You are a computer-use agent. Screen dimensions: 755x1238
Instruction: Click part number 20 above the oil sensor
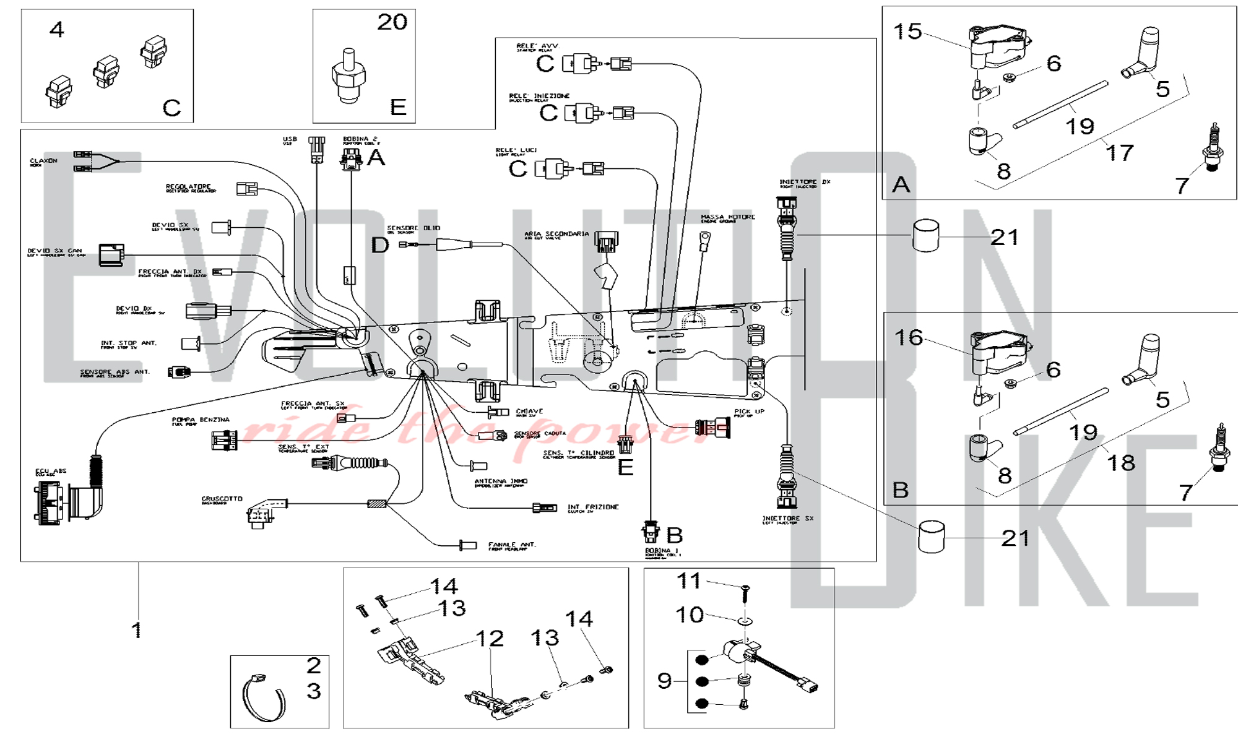[x=392, y=22]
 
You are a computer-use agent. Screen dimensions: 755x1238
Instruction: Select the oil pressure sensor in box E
[x=348, y=77]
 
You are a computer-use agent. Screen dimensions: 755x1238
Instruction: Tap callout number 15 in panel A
[x=907, y=32]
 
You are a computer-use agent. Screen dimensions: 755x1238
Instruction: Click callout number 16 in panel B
[x=909, y=338]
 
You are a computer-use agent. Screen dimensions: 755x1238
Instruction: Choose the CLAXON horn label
[x=43, y=162]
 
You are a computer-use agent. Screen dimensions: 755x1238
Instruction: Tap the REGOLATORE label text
[x=189, y=187]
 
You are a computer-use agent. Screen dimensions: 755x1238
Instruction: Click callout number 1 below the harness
[x=137, y=630]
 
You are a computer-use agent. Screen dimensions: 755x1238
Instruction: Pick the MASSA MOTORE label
[x=728, y=218]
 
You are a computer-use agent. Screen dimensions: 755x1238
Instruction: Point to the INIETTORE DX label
[x=805, y=183]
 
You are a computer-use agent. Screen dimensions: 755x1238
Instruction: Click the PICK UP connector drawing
[x=713, y=427]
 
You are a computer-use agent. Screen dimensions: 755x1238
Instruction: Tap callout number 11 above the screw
[x=689, y=581]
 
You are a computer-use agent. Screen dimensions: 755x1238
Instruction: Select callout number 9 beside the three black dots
[x=664, y=681]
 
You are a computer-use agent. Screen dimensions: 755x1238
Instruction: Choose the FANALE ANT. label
[x=512, y=545]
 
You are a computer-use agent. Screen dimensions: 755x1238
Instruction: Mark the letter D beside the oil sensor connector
[x=380, y=245]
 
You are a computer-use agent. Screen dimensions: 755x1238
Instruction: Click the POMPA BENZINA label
[x=201, y=420]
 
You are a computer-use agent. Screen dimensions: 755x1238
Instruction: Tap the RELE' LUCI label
[x=516, y=151]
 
